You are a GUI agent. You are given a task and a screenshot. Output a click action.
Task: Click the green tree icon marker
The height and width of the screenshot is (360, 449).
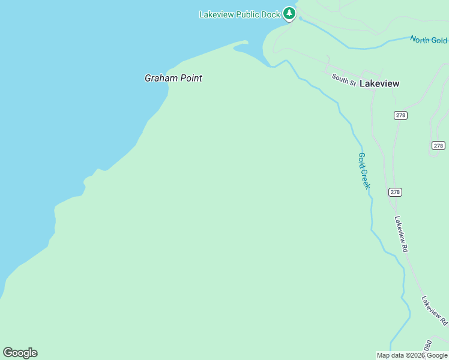[289, 13]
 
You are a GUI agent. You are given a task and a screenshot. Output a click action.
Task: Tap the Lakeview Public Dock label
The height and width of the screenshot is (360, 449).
[240, 14]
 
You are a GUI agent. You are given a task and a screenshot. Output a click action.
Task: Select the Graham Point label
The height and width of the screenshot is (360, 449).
[173, 78]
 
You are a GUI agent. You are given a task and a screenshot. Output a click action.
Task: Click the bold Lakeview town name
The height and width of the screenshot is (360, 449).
[379, 84]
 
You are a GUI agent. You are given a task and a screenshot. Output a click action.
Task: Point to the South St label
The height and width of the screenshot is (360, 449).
[344, 79]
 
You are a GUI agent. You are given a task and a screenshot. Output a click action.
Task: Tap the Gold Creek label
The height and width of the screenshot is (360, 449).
[364, 171]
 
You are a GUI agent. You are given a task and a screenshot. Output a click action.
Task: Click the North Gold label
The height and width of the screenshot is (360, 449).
[429, 40]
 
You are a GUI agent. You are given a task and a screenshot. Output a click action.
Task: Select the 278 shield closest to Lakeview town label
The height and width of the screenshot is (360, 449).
[400, 115]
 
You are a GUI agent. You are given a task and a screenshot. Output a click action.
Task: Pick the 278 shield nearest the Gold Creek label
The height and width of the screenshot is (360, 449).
[394, 192]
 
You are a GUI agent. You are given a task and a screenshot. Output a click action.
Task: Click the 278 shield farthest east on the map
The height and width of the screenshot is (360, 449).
[438, 145]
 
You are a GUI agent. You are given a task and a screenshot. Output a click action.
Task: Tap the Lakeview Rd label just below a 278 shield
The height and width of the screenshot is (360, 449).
[401, 233]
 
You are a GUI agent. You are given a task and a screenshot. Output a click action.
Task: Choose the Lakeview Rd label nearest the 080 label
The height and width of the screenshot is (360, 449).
[434, 311]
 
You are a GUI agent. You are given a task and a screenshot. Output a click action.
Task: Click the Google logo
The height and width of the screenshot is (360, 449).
[20, 353]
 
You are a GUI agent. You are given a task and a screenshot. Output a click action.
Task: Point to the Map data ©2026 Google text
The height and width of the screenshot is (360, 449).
[412, 355]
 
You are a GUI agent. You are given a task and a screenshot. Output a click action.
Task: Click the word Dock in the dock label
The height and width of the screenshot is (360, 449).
[271, 14]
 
